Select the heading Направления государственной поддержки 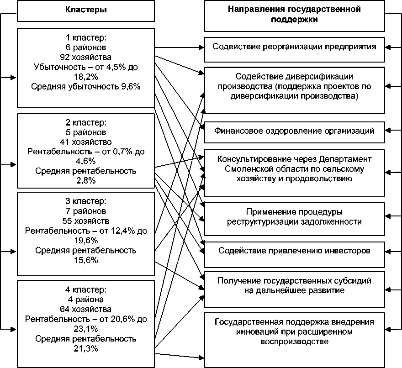(x=294, y=15)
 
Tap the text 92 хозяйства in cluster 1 (x=86, y=58)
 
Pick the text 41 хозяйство (x=86, y=142)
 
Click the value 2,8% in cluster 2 (x=86, y=180)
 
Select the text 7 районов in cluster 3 (x=86, y=211)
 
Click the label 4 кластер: (x=86, y=290)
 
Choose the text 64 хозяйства (x=86, y=309)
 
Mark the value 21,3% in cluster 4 (x=86, y=348)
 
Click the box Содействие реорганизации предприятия (x=294, y=47)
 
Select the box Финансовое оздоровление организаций (x=294, y=131)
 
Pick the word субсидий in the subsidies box (x=349, y=280)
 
